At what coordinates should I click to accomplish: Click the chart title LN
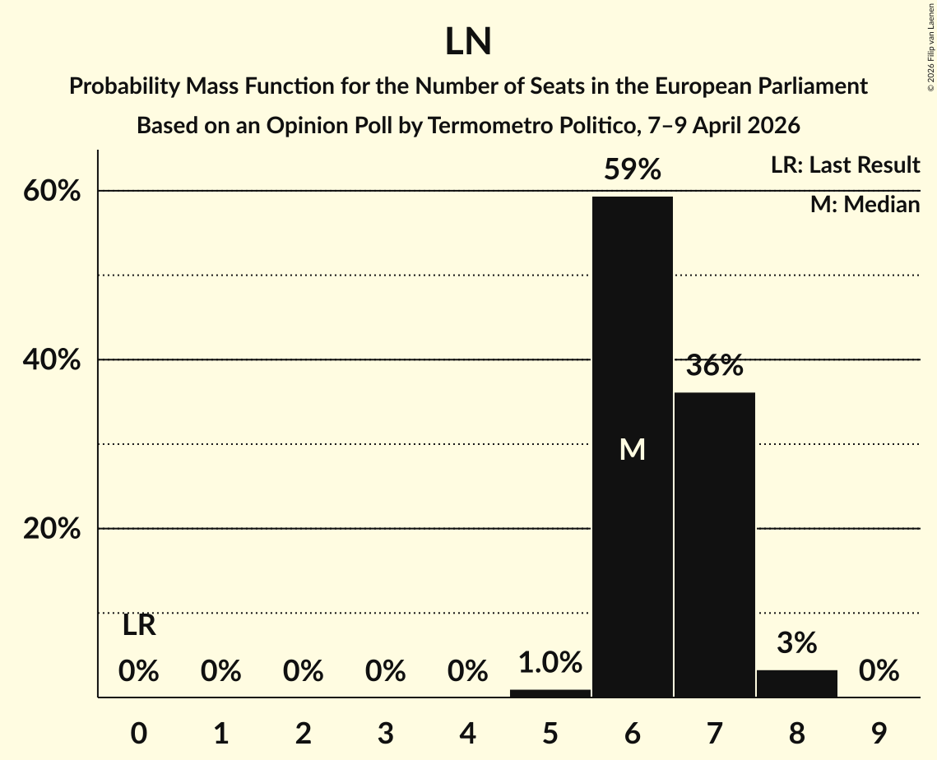(468, 42)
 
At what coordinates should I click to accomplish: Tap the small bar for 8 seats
(796, 684)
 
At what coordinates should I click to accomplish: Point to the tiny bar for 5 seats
(550, 693)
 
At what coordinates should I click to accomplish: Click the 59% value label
(632, 170)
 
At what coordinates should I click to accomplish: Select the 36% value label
(714, 365)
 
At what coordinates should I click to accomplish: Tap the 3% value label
(796, 643)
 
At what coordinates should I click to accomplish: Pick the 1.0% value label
(550, 662)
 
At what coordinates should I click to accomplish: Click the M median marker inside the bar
(632, 449)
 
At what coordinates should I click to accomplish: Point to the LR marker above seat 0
(139, 626)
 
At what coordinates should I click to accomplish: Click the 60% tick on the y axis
(52, 191)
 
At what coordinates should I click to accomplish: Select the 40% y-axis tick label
(52, 360)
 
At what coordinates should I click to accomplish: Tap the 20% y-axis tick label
(52, 529)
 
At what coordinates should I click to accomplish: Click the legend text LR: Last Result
(845, 165)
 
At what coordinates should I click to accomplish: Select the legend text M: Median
(865, 204)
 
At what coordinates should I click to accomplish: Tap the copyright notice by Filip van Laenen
(930, 46)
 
